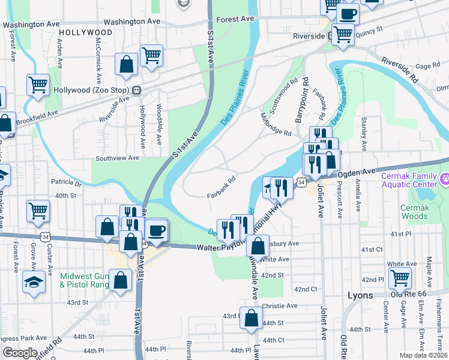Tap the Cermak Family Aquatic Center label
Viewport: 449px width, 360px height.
pyautogui.click(x=414, y=180)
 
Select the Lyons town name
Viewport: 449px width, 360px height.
pyautogui.click(x=361, y=295)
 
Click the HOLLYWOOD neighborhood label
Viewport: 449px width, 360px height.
pyautogui.click(x=86, y=32)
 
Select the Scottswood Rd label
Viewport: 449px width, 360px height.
pyautogui.click(x=284, y=95)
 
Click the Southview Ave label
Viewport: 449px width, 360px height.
pyautogui.click(x=118, y=158)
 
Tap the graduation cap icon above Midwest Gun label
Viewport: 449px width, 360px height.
pyautogui.click(x=34, y=280)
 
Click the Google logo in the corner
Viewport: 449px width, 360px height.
pyautogui.click(x=20, y=353)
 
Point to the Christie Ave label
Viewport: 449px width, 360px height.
pyautogui.click(x=280, y=305)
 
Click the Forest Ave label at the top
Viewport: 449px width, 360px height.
pyautogui.click(x=235, y=19)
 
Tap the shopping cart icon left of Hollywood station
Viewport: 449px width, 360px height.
pyautogui.click(x=38, y=85)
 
